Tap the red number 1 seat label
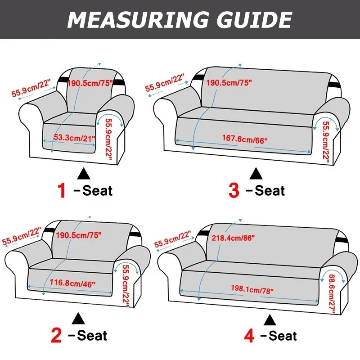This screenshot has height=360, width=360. [62, 190]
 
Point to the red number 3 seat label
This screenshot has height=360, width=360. [234, 190]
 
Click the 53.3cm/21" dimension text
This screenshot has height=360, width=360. [75, 138]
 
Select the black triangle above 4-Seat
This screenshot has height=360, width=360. [270, 319]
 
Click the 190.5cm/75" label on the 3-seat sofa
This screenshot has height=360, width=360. [229, 83]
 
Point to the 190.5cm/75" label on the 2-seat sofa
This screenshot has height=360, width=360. [79, 234]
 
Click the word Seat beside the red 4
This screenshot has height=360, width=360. [282, 335]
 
